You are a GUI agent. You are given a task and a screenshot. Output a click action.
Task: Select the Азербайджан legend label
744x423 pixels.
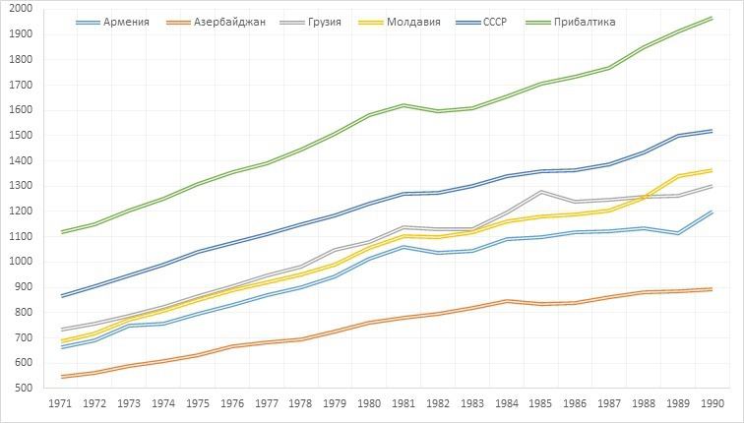(x=227, y=21)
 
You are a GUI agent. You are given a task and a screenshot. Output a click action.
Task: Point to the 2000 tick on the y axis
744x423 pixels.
(x=20, y=9)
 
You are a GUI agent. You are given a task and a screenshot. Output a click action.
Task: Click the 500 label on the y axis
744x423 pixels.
(x=23, y=389)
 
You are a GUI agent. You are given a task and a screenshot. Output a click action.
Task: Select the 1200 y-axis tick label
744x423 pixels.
(x=20, y=211)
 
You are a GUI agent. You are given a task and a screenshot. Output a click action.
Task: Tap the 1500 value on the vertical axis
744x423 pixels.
(x=20, y=136)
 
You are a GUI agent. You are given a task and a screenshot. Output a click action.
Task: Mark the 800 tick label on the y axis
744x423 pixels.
(x=23, y=313)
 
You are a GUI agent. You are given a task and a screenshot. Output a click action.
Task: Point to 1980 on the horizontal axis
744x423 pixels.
(x=370, y=403)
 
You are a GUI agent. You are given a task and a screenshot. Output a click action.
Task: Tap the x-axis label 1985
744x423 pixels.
(x=541, y=403)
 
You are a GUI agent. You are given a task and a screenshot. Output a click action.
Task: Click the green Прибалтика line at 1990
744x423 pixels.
(x=712, y=18)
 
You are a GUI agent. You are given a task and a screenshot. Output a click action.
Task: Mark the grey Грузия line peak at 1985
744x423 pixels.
(x=541, y=192)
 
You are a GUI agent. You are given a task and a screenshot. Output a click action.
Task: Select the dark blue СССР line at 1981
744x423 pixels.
(x=404, y=194)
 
